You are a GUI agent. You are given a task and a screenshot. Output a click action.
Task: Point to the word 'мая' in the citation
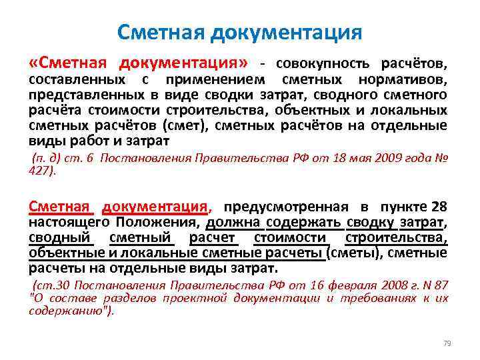pyautogui.click(x=365, y=158)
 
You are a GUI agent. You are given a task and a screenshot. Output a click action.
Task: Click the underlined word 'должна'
pyautogui.click(x=236, y=222)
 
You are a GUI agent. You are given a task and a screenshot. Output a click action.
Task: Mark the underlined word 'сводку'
pyautogui.click(x=371, y=222)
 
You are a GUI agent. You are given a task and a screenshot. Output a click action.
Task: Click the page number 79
pyautogui.click(x=447, y=343)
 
